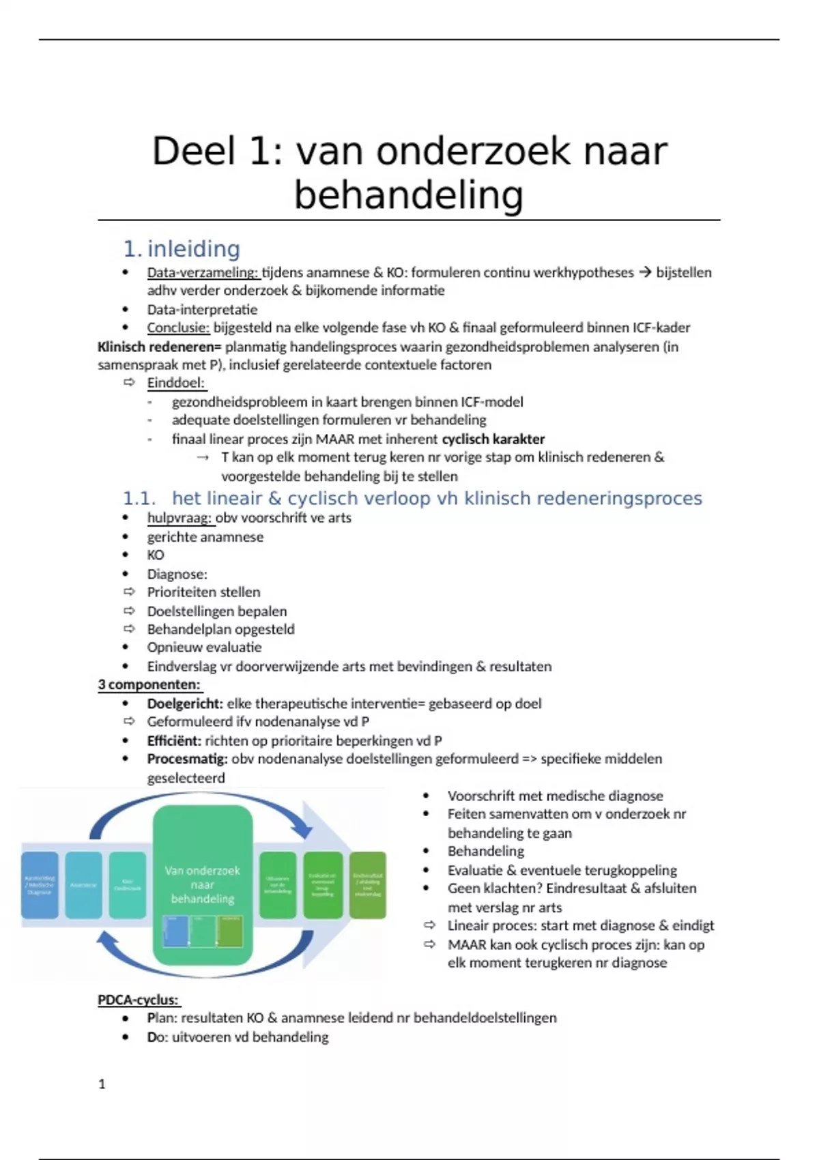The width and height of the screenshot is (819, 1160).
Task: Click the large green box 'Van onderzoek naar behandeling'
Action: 203,884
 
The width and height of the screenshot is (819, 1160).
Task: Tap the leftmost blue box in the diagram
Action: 40,884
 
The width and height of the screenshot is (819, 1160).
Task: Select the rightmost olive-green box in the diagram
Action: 368,884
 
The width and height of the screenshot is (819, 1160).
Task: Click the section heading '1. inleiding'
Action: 182,249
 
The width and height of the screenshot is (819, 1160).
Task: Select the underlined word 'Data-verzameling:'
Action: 203,272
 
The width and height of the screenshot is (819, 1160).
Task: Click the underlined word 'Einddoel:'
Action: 175,383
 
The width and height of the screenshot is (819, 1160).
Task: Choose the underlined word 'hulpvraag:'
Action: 179,517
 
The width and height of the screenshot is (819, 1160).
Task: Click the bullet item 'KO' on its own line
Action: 156,555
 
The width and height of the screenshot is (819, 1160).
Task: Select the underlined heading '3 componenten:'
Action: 149,684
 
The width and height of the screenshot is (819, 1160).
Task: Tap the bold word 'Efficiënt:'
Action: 174,740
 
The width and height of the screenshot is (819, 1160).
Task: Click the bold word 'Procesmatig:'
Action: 187,759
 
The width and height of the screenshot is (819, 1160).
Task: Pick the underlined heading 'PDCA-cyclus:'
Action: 138,1000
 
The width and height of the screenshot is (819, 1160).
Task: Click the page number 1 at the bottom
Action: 102,1084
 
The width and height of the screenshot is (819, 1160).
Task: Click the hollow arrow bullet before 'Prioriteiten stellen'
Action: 129,592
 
